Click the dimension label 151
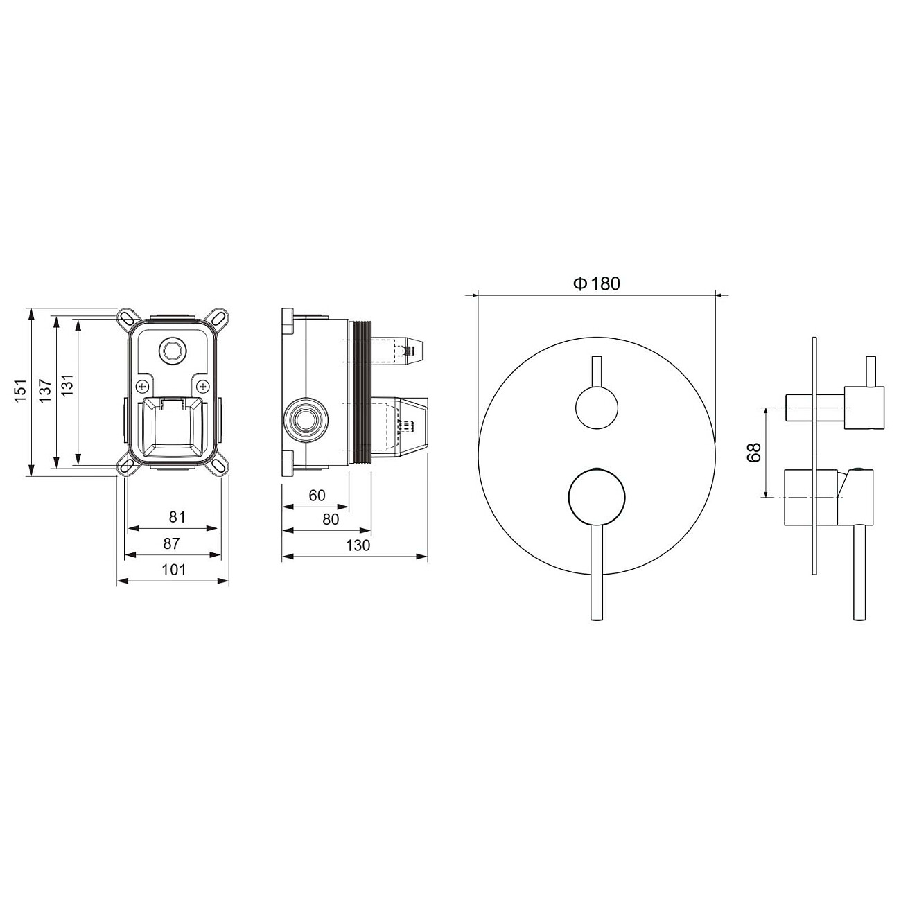[20, 391]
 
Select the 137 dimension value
[44, 391]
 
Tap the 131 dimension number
[67, 391]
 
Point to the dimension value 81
[177, 516]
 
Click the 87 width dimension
[172, 543]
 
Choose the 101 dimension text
[174, 570]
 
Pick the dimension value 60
[317, 495]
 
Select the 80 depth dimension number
[331, 519]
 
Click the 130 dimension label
[358, 545]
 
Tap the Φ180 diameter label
[597, 283]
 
